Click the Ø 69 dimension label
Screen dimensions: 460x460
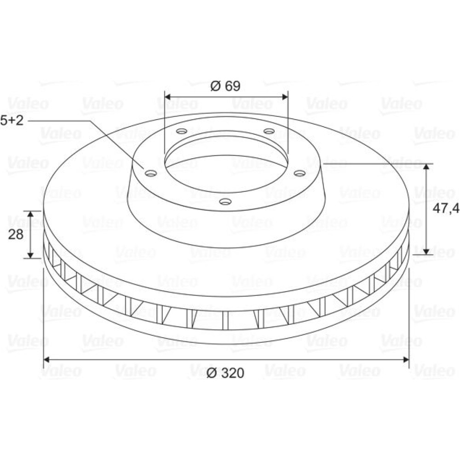225,86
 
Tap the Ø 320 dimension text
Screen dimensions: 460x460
225,373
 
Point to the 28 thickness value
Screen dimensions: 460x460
16,235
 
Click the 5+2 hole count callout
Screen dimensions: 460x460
12,120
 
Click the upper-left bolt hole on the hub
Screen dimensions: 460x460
182,131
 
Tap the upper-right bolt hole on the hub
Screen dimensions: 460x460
269,131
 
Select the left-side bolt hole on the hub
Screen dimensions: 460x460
151,174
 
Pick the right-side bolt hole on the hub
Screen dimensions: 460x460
300,174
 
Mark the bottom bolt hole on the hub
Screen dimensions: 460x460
225,201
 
